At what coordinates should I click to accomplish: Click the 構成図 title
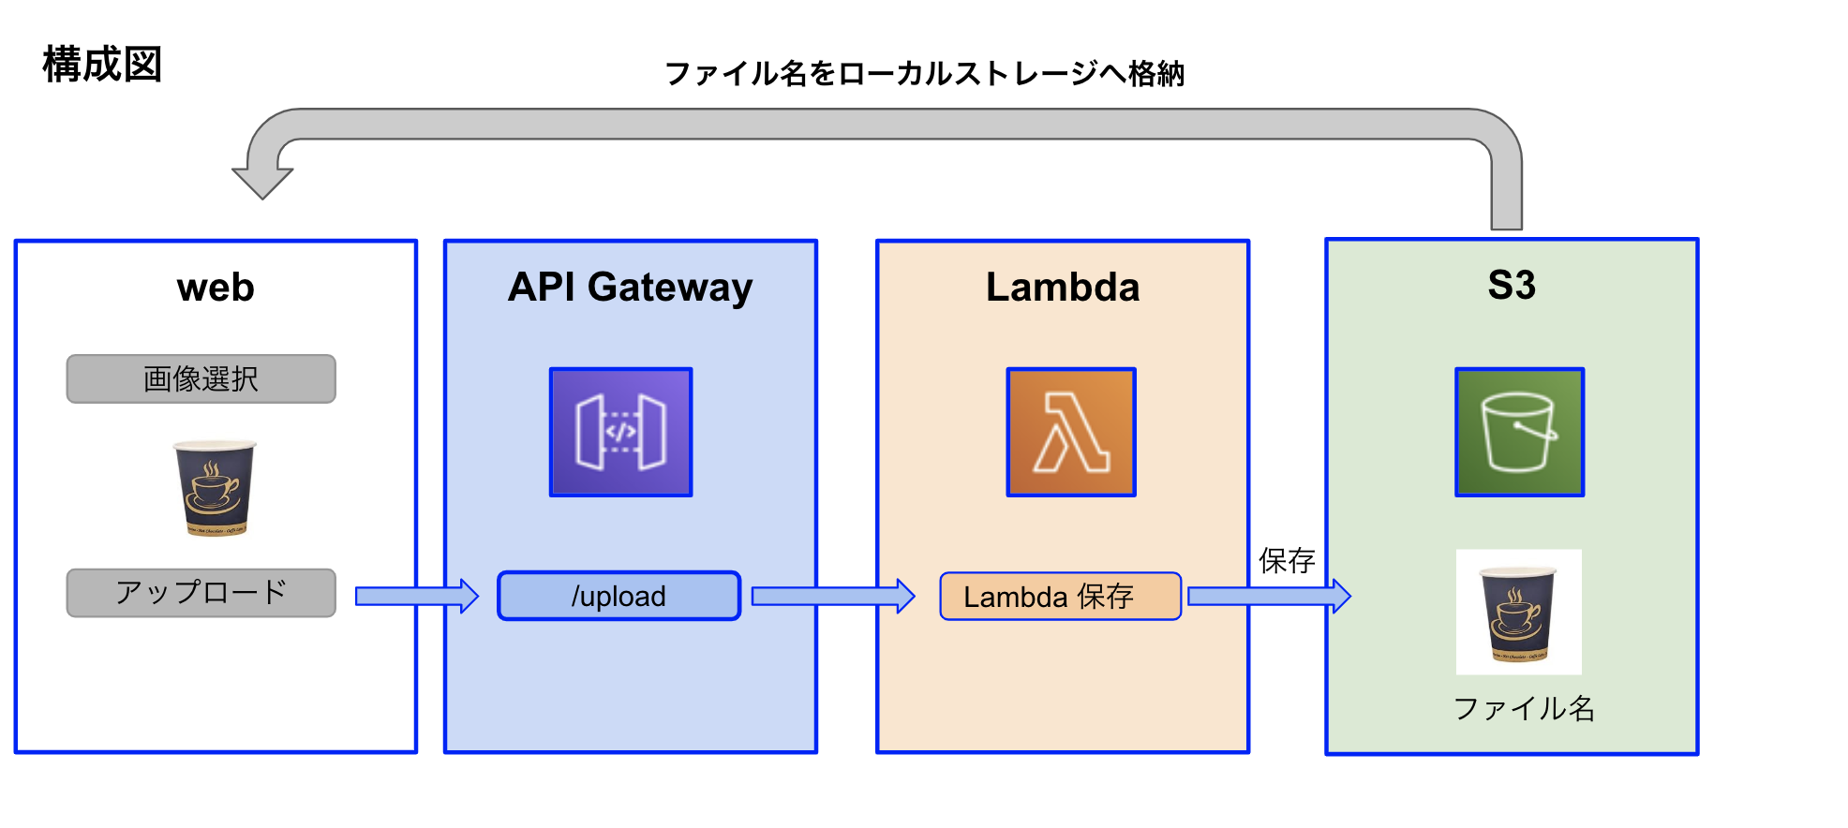pyautogui.click(x=102, y=65)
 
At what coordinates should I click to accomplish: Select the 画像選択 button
pyautogui.click(x=201, y=378)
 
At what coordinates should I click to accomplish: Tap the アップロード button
pyautogui.click(x=201, y=592)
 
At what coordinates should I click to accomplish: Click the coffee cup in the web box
pyautogui.click(x=215, y=488)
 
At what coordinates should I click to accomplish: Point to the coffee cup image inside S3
pyautogui.click(x=1518, y=612)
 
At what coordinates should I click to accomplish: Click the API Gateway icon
pyautogui.click(x=620, y=432)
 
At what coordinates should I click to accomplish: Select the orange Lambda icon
pyautogui.click(x=1071, y=432)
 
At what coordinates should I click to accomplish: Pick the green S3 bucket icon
pyautogui.click(x=1519, y=432)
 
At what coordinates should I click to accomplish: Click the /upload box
pyautogui.click(x=618, y=596)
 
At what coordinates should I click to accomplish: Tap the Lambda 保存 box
pyautogui.click(x=1060, y=596)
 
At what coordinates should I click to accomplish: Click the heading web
pyautogui.click(x=216, y=288)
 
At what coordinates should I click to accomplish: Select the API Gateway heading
pyautogui.click(x=630, y=288)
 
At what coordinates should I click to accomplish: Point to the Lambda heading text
pyautogui.click(x=1063, y=287)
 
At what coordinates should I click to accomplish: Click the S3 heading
pyautogui.click(x=1512, y=285)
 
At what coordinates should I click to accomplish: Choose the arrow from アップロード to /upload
pyautogui.click(x=417, y=596)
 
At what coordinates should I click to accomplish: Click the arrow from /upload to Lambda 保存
pyautogui.click(x=833, y=596)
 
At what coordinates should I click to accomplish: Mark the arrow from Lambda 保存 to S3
pyautogui.click(x=1269, y=596)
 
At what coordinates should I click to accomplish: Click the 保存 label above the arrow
pyautogui.click(x=1287, y=560)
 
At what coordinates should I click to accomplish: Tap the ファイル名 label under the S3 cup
pyautogui.click(x=1524, y=708)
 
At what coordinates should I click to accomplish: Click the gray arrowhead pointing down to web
pyautogui.click(x=262, y=184)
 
